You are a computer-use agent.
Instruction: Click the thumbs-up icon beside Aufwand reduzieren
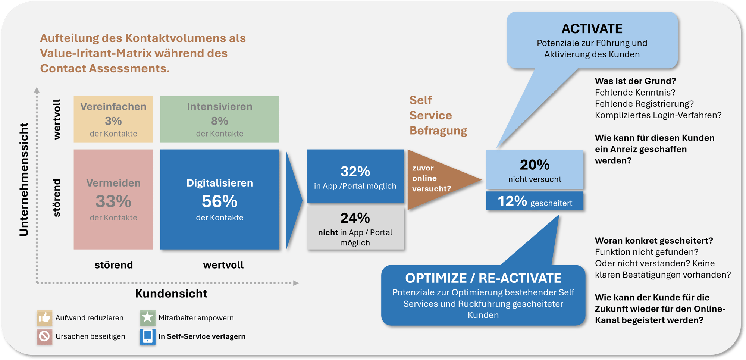coord(44,318)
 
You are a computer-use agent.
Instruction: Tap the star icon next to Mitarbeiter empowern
coord(148,318)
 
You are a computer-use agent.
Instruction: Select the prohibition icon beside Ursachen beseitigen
coord(44,336)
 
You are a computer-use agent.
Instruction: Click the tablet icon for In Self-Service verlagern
coord(148,336)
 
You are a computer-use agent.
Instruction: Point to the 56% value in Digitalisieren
coord(220,201)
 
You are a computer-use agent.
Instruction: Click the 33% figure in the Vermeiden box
coord(113,201)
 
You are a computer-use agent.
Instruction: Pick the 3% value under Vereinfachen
coord(113,121)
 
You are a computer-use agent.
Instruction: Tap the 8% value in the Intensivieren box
coord(220,121)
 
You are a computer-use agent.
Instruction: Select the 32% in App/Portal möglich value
coord(355,172)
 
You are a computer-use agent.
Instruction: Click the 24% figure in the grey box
coord(355,218)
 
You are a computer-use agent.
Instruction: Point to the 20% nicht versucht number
coord(535,165)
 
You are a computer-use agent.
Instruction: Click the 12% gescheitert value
coord(512,201)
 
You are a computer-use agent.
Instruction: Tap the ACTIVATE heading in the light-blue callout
coord(592,29)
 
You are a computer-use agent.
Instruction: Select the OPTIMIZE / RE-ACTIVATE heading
coord(483,278)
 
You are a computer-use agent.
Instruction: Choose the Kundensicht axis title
coord(171,294)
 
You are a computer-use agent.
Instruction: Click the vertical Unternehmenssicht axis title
coord(24,179)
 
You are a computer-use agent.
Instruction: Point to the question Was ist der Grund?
coord(635,81)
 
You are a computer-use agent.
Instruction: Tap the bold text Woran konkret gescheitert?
coord(654,241)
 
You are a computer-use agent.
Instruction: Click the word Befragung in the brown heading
coord(438,131)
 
